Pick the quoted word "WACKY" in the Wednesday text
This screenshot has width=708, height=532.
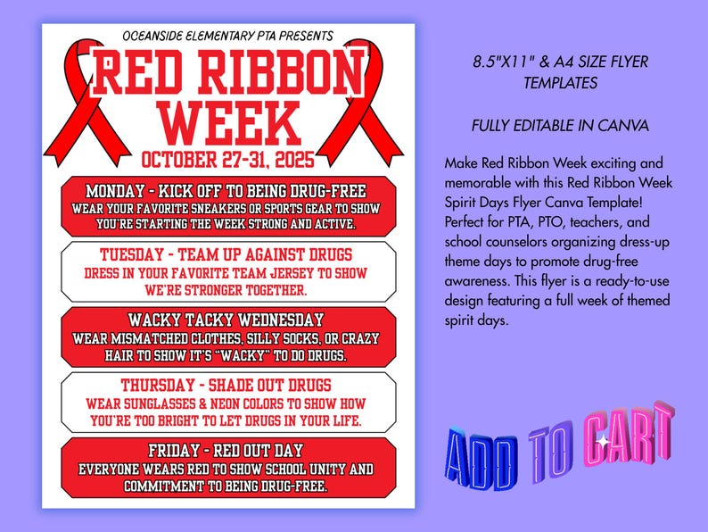[263, 354]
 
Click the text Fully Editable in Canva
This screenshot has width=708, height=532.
[560, 126]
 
